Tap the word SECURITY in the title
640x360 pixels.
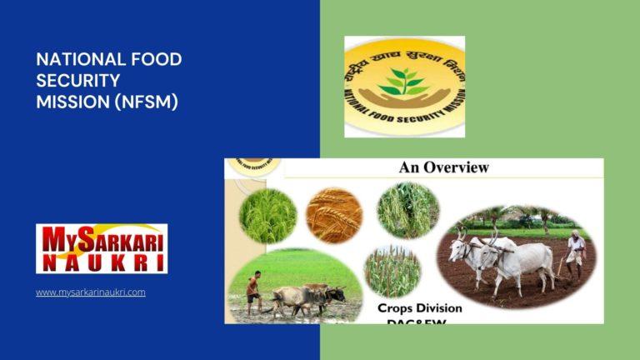[x=77, y=81]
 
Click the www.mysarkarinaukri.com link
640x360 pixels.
[x=91, y=292]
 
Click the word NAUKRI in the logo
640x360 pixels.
[x=101, y=262]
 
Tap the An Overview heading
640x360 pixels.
[x=443, y=167]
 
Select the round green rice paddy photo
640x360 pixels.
[x=267, y=216]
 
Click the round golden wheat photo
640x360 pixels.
[x=334, y=215]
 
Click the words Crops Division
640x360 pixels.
[x=419, y=308]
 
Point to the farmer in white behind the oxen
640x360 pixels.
[x=576, y=251]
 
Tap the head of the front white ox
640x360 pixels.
[x=461, y=249]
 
